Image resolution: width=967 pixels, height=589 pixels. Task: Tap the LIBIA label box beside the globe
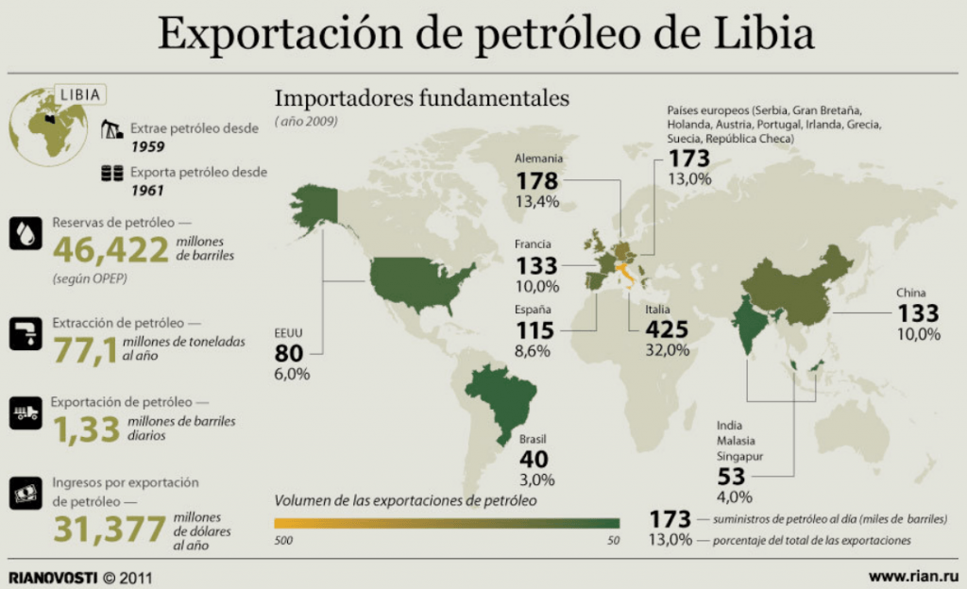[x=80, y=94]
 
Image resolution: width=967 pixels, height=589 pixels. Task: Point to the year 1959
[x=148, y=146]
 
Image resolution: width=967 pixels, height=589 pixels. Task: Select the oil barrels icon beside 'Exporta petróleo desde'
[x=112, y=173]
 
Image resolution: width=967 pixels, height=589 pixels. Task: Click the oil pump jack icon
[x=111, y=128]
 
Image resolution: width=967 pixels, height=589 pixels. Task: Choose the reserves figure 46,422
[x=110, y=249]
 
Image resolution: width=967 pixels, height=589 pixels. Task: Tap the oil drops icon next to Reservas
[x=25, y=233]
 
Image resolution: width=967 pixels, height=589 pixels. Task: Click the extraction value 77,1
[x=84, y=350]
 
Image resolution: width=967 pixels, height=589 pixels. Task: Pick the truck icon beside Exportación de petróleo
[x=25, y=412]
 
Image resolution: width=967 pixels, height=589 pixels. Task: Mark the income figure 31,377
[x=110, y=529]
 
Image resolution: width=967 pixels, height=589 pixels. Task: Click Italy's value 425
[x=667, y=329]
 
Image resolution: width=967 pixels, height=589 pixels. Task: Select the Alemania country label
[x=538, y=159]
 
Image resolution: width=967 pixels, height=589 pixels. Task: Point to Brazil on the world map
[x=500, y=397]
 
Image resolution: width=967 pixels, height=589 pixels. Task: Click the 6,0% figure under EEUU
[x=292, y=374]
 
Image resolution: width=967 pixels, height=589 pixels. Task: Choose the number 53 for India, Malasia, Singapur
[x=732, y=477]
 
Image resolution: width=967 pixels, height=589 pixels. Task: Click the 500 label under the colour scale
[x=283, y=540]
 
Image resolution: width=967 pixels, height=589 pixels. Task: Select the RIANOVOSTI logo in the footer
[x=53, y=578]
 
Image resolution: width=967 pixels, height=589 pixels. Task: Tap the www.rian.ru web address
[x=913, y=577]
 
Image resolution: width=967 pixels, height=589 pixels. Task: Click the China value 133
[x=918, y=313]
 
